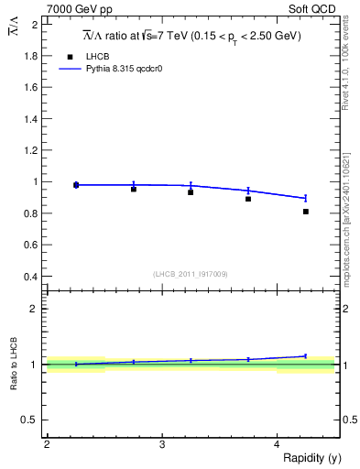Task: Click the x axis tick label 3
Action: point(161,444)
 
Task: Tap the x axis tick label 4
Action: point(277,444)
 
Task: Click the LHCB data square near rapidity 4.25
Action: point(306,212)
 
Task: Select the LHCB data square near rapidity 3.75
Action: point(248,199)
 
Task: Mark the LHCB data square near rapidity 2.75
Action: point(134,189)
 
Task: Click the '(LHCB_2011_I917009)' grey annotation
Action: point(191,274)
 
